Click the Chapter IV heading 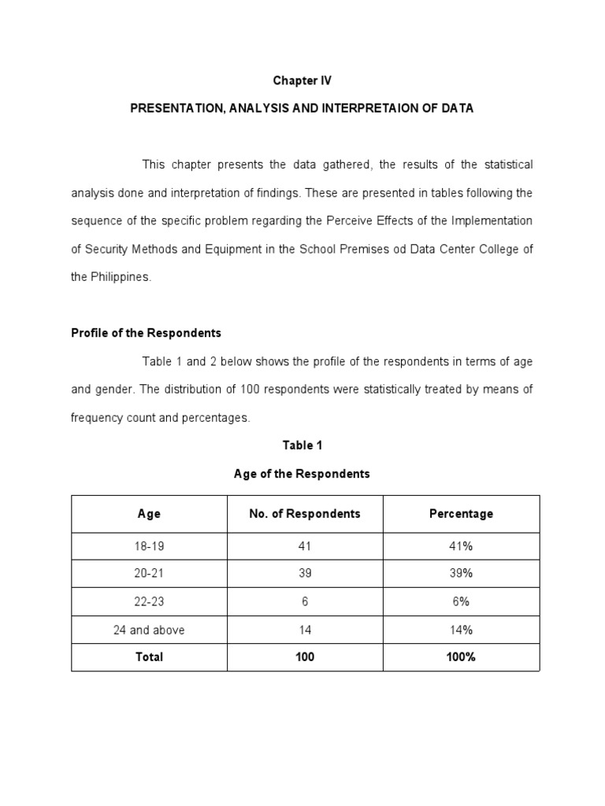(x=302, y=80)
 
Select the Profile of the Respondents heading (x=146, y=333)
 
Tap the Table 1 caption (x=302, y=446)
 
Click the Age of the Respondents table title (x=302, y=474)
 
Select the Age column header (x=149, y=514)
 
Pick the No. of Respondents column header (x=305, y=514)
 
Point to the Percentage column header (x=461, y=514)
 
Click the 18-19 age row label (x=149, y=546)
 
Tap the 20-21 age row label (x=149, y=574)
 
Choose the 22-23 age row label (x=149, y=601)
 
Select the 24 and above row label (x=149, y=630)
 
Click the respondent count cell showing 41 (x=305, y=546)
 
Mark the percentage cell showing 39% (x=461, y=574)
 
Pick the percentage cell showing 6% (x=461, y=601)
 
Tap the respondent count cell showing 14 (x=305, y=630)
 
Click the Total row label (x=149, y=656)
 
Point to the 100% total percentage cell (x=461, y=656)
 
